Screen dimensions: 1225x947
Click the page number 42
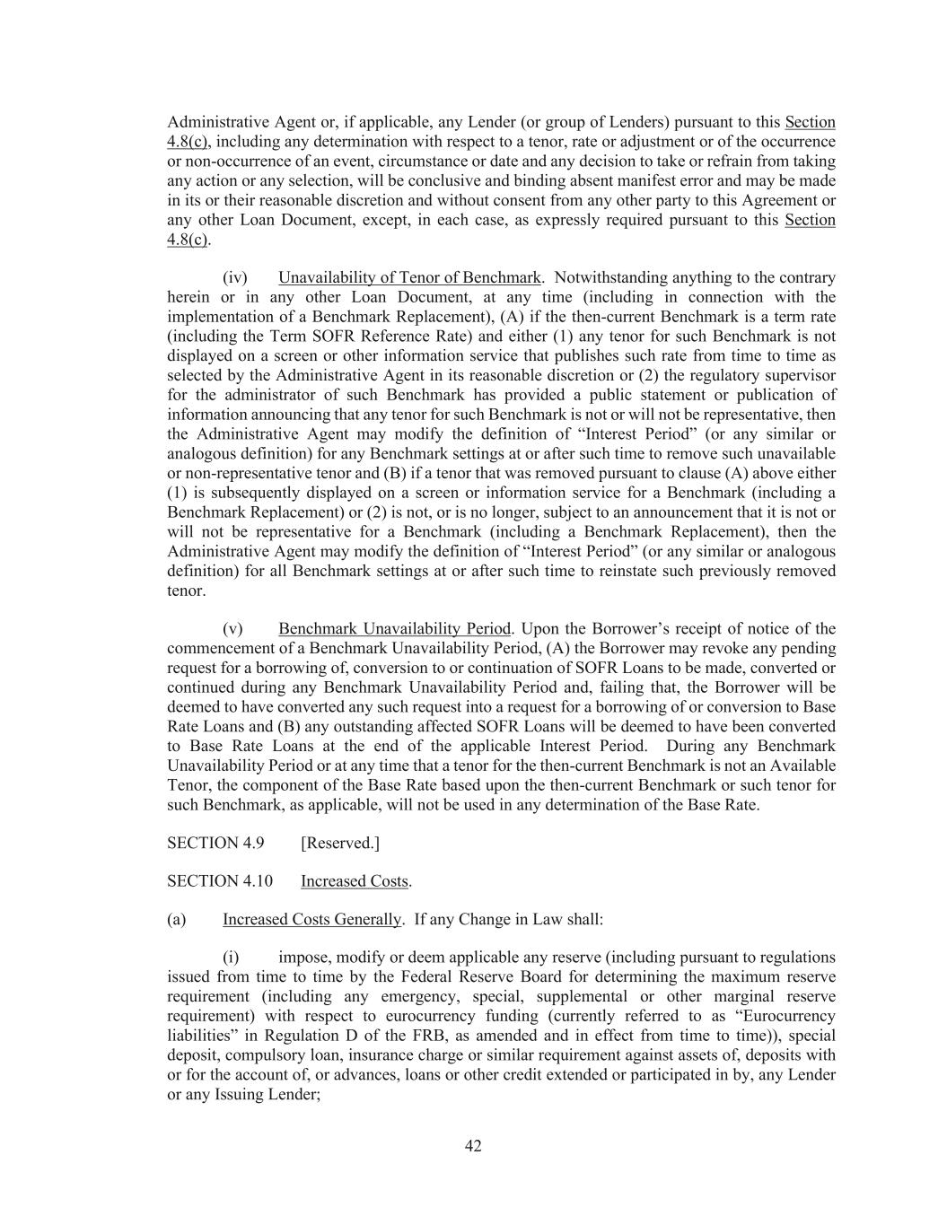[x=473, y=1146]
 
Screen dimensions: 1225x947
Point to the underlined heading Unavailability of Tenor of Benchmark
[x=409, y=277]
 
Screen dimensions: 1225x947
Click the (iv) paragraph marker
[x=234, y=277]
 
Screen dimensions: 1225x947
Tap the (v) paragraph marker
[x=232, y=628]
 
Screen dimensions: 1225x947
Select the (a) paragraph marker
[x=177, y=919]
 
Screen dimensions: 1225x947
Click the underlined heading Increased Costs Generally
[x=311, y=919]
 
